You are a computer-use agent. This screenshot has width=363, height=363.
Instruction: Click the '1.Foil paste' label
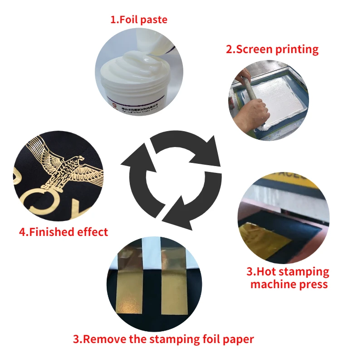tap(139, 20)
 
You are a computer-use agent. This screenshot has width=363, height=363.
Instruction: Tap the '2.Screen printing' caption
tap(272, 49)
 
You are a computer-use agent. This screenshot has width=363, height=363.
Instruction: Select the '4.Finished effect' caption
tap(64, 232)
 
